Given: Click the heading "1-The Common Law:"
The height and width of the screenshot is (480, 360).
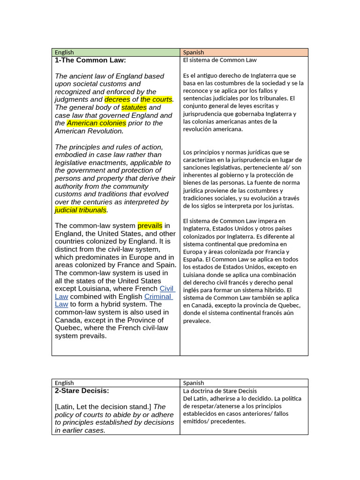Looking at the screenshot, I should pyautogui.click(x=90, y=60).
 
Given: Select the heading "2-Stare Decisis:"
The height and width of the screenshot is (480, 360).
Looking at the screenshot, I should pyautogui.click(x=82, y=390).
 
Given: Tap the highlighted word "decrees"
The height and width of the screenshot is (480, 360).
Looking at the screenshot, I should pyautogui.click(x=117, y=99).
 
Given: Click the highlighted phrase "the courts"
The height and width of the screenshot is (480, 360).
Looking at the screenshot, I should pyautogui.click(x=156, y=99).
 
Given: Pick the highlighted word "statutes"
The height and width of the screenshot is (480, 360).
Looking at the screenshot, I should pyautogui.click(x=134, y=107).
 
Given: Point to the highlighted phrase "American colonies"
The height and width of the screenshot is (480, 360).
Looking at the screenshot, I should pyautogui.click(x=96, y=123).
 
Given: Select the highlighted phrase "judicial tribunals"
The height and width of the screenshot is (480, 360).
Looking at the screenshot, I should pyautogui.click(x=81, y=210).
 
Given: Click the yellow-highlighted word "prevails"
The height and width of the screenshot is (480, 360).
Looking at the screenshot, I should pyautogui.click(x=150, y=226).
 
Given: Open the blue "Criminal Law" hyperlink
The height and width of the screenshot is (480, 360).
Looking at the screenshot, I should pyautogui.click(x=158, y=297).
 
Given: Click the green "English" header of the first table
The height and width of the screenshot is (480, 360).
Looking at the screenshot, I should pyautogui.click(x=64, y=52).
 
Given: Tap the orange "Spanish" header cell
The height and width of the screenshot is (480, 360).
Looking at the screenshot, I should pyautogui.click(x=194, y=52).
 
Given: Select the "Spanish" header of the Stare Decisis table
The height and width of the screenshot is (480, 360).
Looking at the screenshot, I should pyautogui.click(x=194, y=383).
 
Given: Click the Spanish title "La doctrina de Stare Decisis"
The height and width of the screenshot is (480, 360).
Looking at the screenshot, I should pyautogui.click(x=220, y=391).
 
